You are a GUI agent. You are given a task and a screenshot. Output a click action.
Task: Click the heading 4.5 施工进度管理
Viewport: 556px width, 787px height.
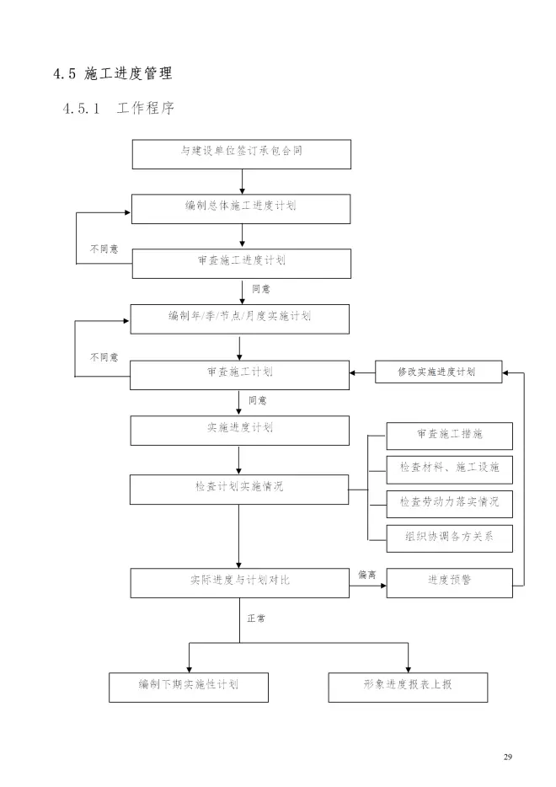112,73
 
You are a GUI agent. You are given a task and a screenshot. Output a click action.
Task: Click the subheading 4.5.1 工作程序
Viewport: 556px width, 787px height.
117,110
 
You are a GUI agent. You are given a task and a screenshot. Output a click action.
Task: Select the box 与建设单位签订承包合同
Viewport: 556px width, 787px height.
241,153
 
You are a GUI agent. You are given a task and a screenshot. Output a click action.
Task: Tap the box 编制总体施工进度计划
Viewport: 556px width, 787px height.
241,208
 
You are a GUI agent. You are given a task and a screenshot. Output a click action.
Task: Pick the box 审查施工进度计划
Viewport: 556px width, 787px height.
241,263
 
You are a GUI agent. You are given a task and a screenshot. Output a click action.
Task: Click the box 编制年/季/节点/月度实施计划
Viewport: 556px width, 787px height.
240,318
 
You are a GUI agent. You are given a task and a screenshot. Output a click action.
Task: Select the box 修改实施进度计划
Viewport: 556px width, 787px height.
438,372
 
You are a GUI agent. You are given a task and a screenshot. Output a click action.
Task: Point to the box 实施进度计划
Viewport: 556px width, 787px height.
240,429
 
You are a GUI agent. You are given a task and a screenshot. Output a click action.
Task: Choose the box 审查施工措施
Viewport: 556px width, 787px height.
449,435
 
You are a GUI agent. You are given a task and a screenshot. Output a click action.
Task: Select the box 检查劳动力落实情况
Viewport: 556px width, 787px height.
449,503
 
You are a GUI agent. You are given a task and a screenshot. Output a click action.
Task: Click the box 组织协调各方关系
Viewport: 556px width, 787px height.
449,537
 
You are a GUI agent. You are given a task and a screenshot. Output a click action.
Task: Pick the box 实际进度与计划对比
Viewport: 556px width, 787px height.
240,581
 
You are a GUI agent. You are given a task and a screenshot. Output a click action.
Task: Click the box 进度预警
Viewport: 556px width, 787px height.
449,581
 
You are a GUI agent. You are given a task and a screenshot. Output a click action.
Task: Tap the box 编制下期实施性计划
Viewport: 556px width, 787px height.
189,687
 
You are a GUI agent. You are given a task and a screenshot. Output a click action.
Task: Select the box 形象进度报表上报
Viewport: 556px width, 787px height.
408,687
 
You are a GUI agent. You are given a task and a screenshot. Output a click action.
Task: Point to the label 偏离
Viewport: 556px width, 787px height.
366,575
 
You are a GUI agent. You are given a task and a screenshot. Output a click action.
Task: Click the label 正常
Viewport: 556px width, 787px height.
256,618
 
